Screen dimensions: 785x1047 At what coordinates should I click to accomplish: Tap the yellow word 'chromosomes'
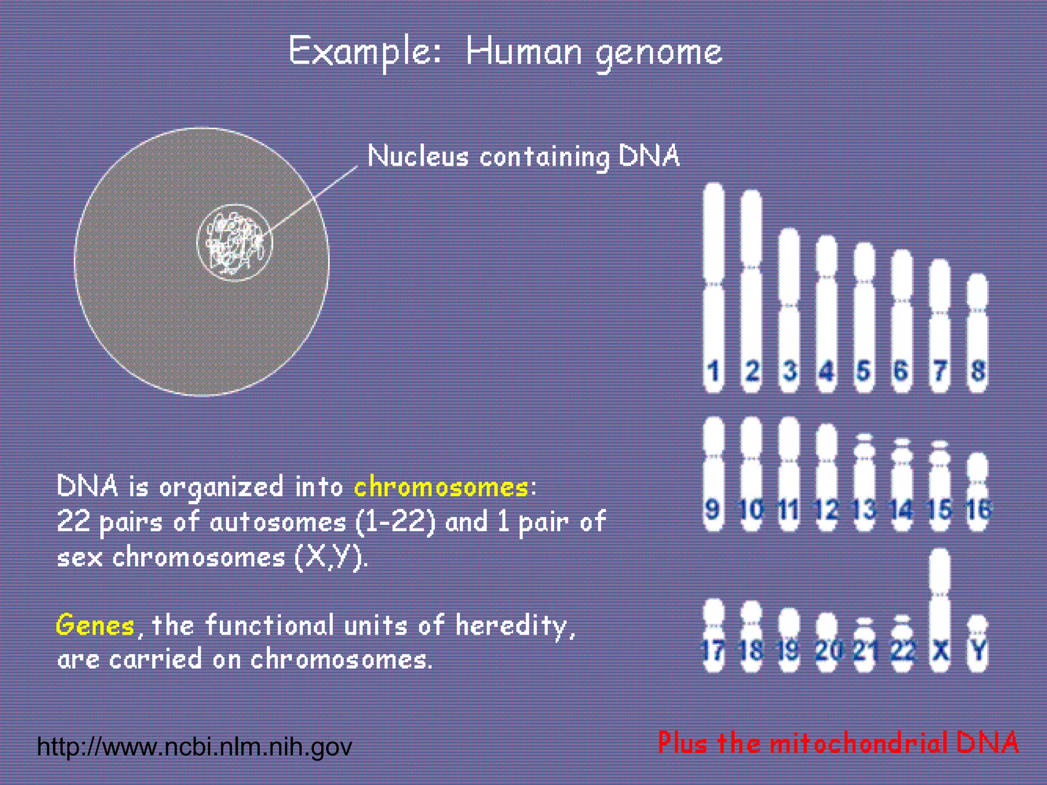tap(441, 487)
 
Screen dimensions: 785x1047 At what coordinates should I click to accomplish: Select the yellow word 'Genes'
tap(95, 625)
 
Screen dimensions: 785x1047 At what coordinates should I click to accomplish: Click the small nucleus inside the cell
tap(235, 243)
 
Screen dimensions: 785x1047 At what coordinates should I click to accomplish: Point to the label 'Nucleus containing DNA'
tap(523, 156)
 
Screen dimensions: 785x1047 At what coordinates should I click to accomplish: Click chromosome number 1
tap(714, 286)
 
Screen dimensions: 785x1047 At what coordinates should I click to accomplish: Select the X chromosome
tap(940, 608)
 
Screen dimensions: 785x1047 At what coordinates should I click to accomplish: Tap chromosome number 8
tap(977, 332)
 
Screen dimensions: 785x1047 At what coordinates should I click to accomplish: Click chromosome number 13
tap(864, 483)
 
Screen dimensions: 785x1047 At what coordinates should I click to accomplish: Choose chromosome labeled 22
tap(902, 644)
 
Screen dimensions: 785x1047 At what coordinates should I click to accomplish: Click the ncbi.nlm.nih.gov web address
tap(194, 747)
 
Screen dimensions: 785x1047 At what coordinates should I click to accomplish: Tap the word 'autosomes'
tap(278, 522)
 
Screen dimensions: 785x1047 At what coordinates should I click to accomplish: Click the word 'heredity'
tap(511, 626)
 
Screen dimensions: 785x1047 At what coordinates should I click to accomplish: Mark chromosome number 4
tap(826, 312)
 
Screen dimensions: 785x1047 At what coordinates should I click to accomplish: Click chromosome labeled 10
tap(751, 473)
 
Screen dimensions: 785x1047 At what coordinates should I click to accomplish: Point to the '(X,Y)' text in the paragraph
tap(330, 557)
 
